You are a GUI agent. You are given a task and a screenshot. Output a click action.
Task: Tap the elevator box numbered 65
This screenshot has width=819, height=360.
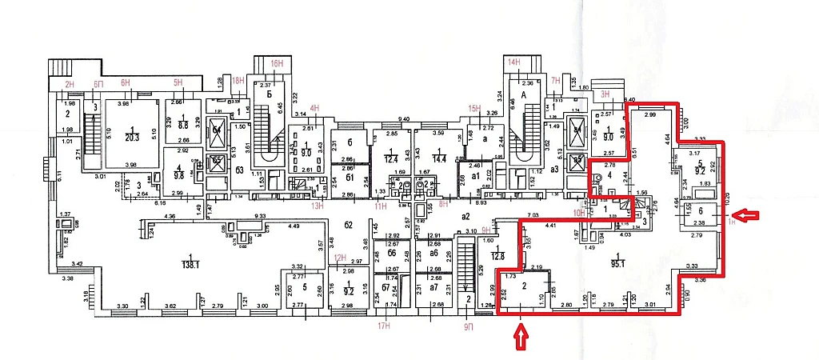tap(216, 160)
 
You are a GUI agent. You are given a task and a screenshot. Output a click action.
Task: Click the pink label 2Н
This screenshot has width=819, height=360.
tap(69, 83)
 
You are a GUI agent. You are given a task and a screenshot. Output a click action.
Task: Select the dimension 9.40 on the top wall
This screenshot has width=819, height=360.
tap(405, 120)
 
